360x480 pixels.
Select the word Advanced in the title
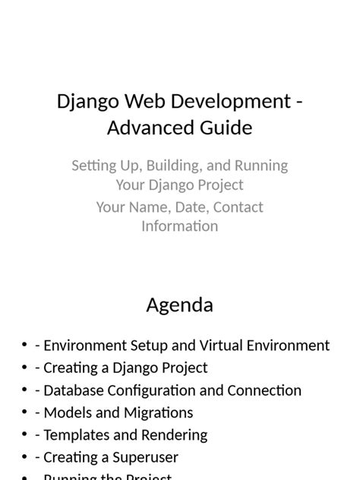tap(142, 128)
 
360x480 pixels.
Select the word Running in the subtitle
tap(260, 166)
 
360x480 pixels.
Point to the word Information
tap(179, 226)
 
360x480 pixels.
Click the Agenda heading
tap(179, 305)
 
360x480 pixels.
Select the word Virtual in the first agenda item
tap(225, 346)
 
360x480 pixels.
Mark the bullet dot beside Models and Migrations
tap(25, 413)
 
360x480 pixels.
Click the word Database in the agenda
tap(75, 390)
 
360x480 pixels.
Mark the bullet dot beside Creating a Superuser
tap(25, 458)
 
